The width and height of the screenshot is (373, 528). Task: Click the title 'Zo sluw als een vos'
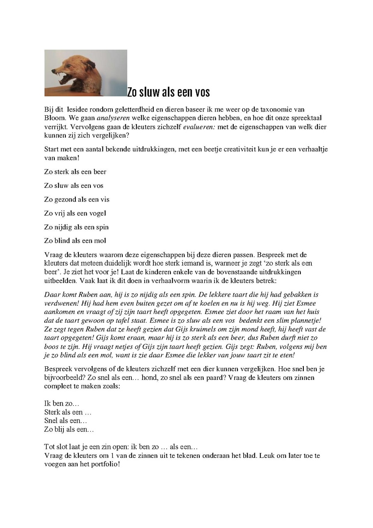(x=169, y=92)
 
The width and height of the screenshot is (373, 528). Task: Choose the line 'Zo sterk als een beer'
(x=75, y=172)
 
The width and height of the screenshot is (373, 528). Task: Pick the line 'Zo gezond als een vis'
(x=77, y=200)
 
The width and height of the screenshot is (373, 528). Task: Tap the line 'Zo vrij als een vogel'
(x=75, y=213)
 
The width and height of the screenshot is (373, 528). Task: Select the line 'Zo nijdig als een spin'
(x=76, y=227)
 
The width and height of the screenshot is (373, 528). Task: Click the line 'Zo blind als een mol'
(x=75, y=241)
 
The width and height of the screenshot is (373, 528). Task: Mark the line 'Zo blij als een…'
(x=69, y=430)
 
